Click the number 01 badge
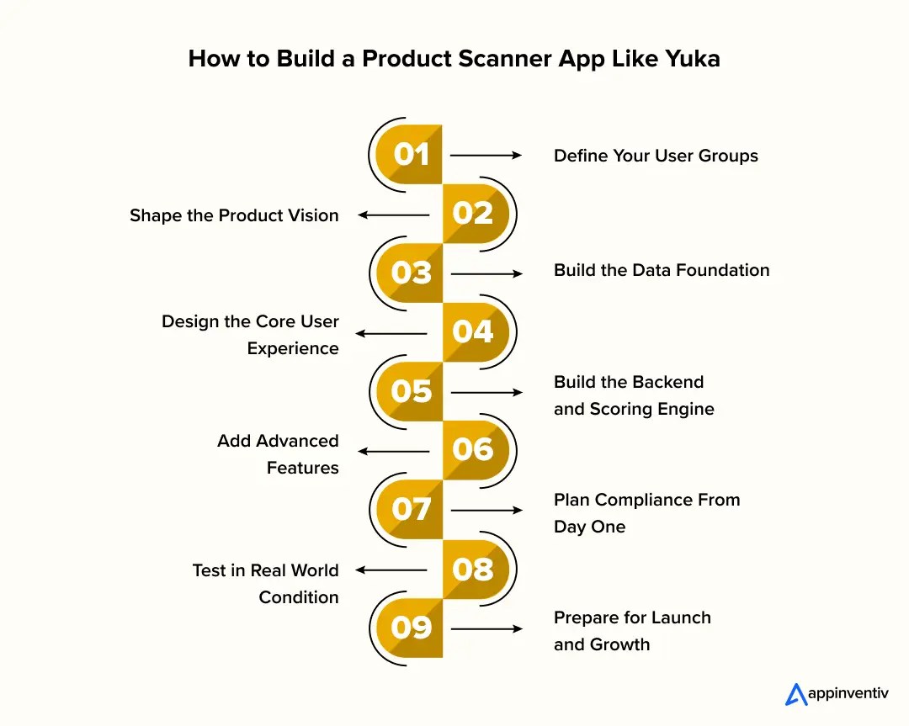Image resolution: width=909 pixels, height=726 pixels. tap(411, 155)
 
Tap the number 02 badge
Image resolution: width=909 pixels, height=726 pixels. tap(473, 214)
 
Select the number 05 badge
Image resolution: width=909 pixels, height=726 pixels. tap(411, 391)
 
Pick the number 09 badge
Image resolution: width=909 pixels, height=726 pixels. tap(411, 628)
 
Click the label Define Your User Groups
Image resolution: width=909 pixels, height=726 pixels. tap(656, 156)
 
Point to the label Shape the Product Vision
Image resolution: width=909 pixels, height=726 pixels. tap(234, 215)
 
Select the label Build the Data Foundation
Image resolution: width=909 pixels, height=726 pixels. tap(662, 270)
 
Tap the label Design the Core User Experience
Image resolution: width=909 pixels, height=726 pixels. tap(251, 335)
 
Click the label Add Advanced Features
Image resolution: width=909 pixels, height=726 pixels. tap(279, 454)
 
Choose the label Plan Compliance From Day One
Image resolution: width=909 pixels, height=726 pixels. tap(646, 513)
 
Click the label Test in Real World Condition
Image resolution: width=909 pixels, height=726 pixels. tap(266, 584)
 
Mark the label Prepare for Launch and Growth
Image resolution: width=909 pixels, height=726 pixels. tap(632, 631)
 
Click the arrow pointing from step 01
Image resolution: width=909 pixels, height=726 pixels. tap(486, 156)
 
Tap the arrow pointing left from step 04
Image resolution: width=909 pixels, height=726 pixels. tap(392, 334)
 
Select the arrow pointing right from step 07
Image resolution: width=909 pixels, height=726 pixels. tap(486, 511)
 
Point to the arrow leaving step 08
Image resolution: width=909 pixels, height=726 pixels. tap(392, 570)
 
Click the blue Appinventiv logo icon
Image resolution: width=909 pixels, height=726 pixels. tap(795, 694)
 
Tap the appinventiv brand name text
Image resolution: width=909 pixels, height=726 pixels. tap(848, 695)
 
